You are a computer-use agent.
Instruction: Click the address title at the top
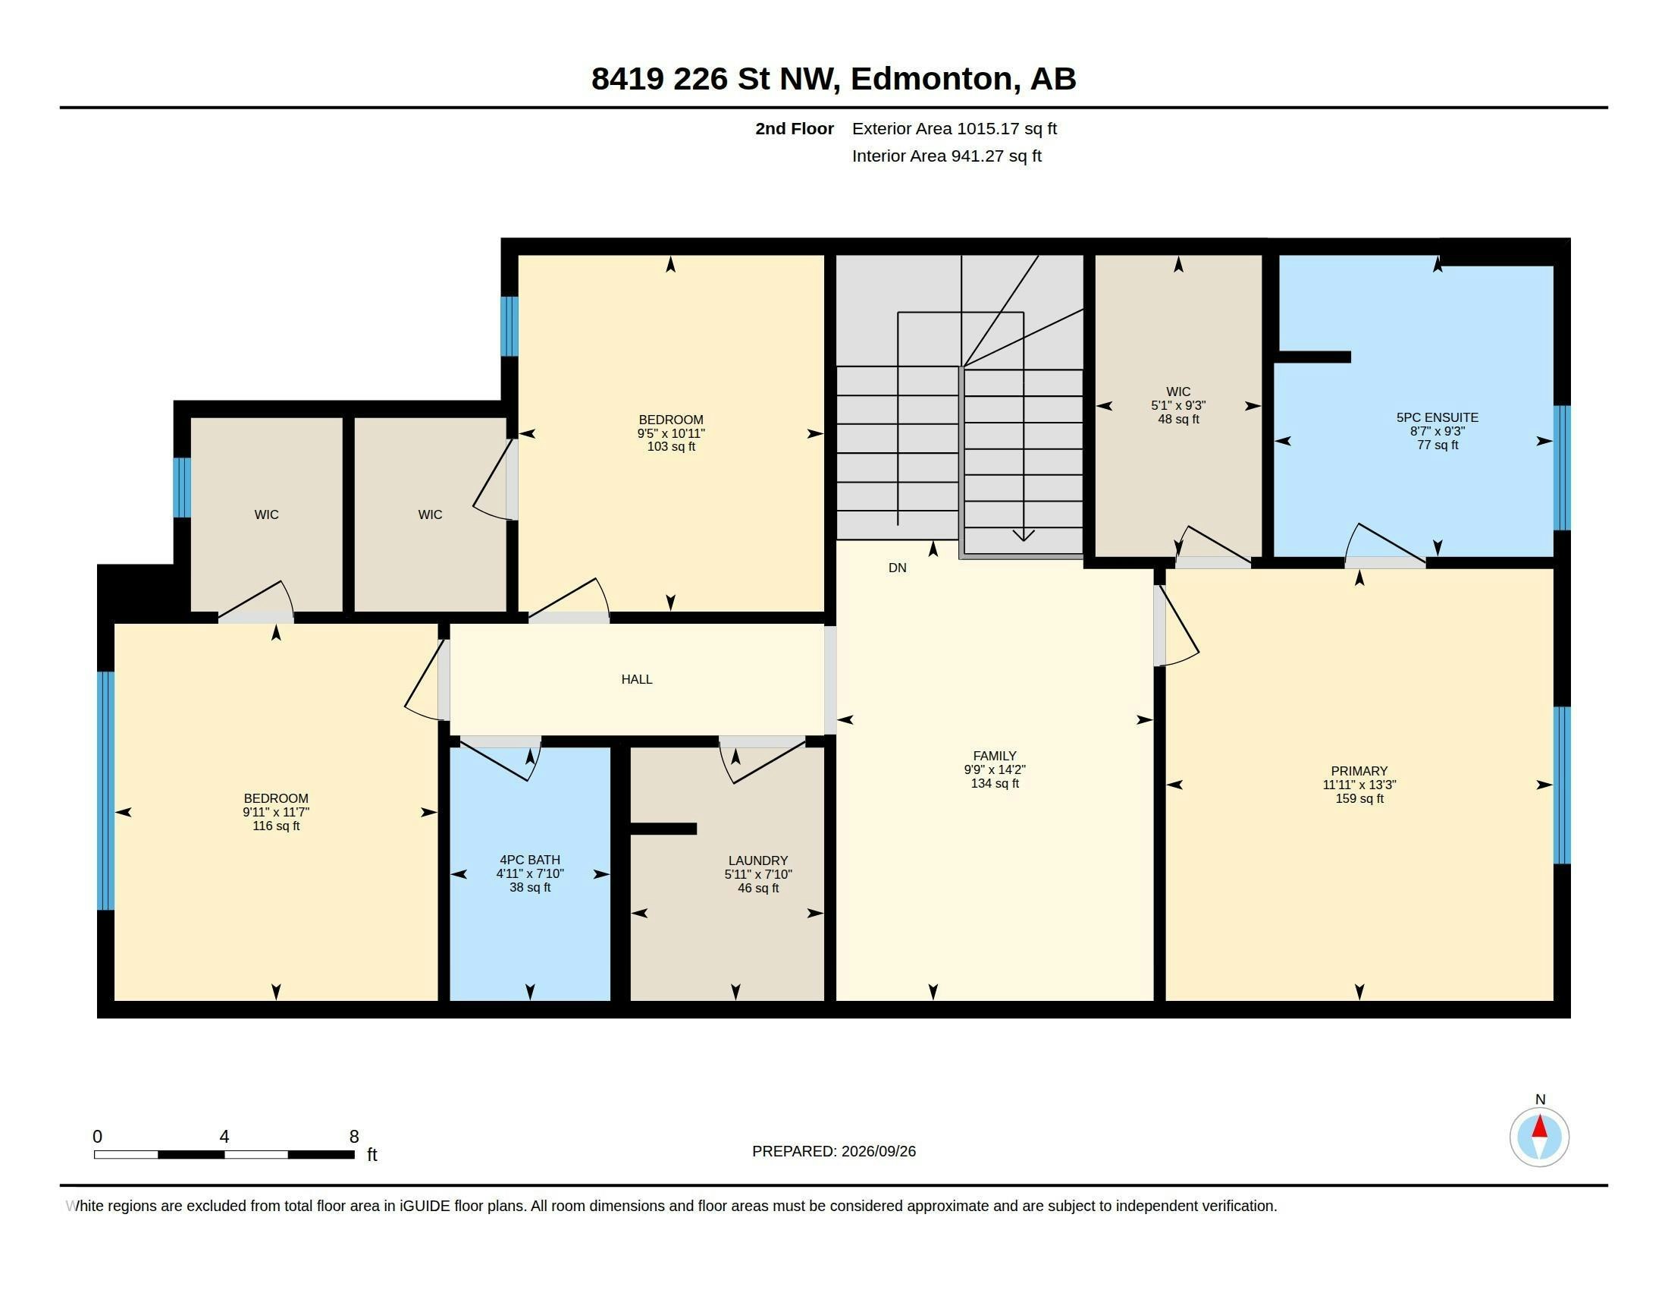click(833, 79)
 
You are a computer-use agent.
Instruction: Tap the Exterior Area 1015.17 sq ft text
click(954, 128)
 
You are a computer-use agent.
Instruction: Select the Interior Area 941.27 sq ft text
click(946, 156)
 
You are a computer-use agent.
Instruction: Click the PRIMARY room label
click(1359, 771)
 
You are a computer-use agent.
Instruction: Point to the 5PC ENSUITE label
click(1437, 417)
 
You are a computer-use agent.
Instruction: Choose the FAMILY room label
click(995, 756)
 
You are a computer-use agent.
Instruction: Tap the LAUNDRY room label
click(757, 861)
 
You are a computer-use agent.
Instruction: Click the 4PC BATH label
click(530, 860)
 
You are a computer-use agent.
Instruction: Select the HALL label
click(636, 679)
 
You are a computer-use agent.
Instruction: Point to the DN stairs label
click(898, 568)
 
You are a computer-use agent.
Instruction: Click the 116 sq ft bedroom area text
click(276, 826)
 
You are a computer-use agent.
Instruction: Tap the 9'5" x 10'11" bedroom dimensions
click(670, 433)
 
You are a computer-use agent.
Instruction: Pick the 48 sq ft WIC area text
click(1177, 419)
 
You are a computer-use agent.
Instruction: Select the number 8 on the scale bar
click(353, 1137)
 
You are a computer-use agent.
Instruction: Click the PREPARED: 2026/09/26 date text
click(833, 1151)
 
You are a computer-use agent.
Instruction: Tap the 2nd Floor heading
click(795, 128)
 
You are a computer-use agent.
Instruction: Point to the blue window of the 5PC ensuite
click(1562, 467)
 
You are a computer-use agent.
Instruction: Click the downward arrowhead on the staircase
click(1023, 535)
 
